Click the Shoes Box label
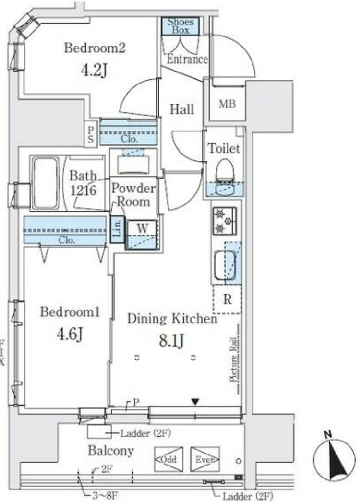tap(180, 26)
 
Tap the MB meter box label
tap(227, 104)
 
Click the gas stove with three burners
tap(225, 221)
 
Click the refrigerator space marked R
tap(227, 299)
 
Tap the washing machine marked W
tap(142, 234)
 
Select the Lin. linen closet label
tap(117, 228)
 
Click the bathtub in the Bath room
tap(46, 183)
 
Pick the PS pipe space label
tap(91, 134)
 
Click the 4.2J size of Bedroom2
tap(94, 71)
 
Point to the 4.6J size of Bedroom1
tap(70, 335)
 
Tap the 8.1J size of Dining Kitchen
tap(171, 341)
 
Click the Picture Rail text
tap(233, 360)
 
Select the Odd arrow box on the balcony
tap(168, 459)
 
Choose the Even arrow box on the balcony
tap(205, 459)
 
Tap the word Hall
tap(181, 109)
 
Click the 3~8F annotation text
tap(105, 496)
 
